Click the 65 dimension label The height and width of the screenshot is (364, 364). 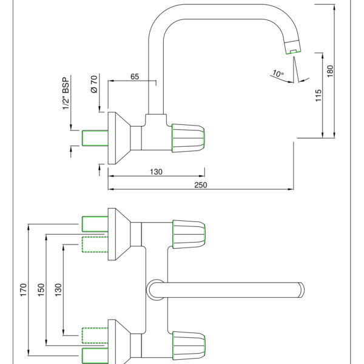[x=135, y=76]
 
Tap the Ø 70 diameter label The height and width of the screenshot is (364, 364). [x=95, y=84]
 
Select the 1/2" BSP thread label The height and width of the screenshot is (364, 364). [x=66, y=93]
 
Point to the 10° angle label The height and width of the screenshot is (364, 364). [x=278, y=73]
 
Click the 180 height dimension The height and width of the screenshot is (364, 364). [x=330, y=72]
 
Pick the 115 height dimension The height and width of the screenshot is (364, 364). [x=318, y=95]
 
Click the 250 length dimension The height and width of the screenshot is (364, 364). [x=201, y=185]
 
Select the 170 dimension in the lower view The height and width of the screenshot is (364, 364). [x=24, y=290]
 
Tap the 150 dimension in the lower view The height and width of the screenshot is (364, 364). [x=41, y=290]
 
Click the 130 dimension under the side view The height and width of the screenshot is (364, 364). [x=156, y=172]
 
